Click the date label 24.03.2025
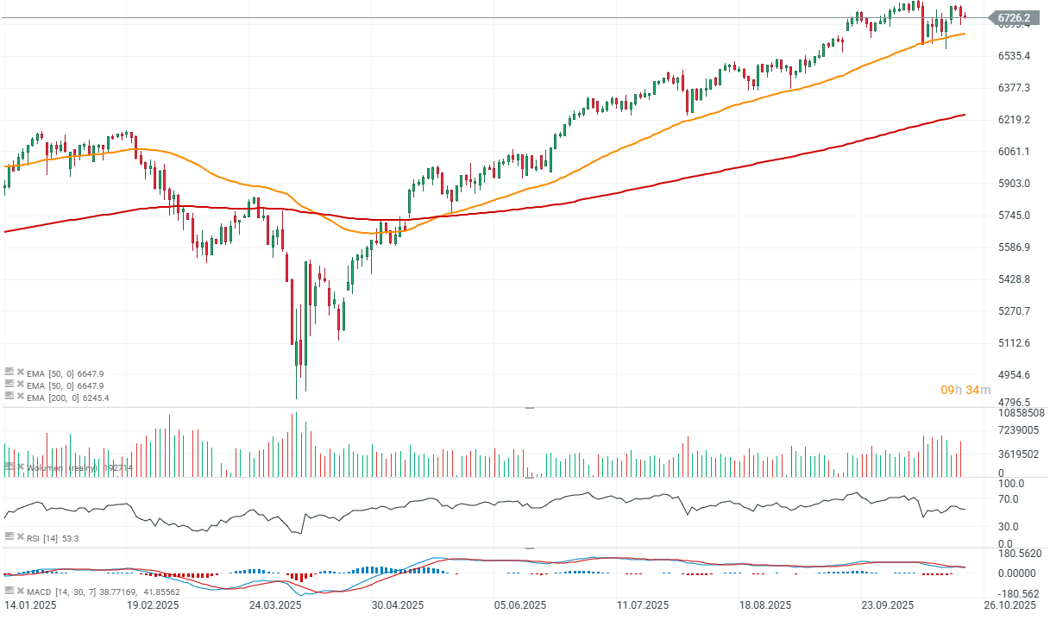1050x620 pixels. coord(276,605)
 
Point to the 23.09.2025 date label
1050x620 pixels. coord(889,605)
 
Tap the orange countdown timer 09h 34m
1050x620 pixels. coord(965,391)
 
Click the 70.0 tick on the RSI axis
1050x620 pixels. coord(1009,499)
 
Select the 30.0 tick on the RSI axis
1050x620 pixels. coord(1009,526)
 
